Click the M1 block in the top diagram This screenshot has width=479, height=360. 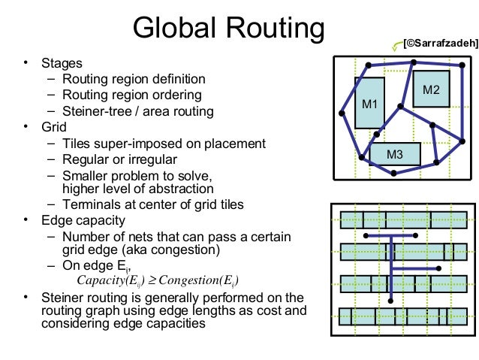point(369,104)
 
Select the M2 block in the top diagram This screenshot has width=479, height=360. point(431,90)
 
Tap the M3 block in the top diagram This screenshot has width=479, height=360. point(395,155)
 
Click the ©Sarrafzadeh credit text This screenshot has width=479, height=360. point(440,44)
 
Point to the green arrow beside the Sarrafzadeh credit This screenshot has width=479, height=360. point(395,47)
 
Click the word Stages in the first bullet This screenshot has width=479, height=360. point(62,64)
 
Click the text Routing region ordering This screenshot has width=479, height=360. point(131,95)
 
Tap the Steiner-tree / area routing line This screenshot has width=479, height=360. point(138,111)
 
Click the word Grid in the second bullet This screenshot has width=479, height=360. point(54,127)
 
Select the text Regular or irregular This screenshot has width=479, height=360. point(119,159)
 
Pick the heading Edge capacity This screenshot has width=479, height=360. point(83,221)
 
